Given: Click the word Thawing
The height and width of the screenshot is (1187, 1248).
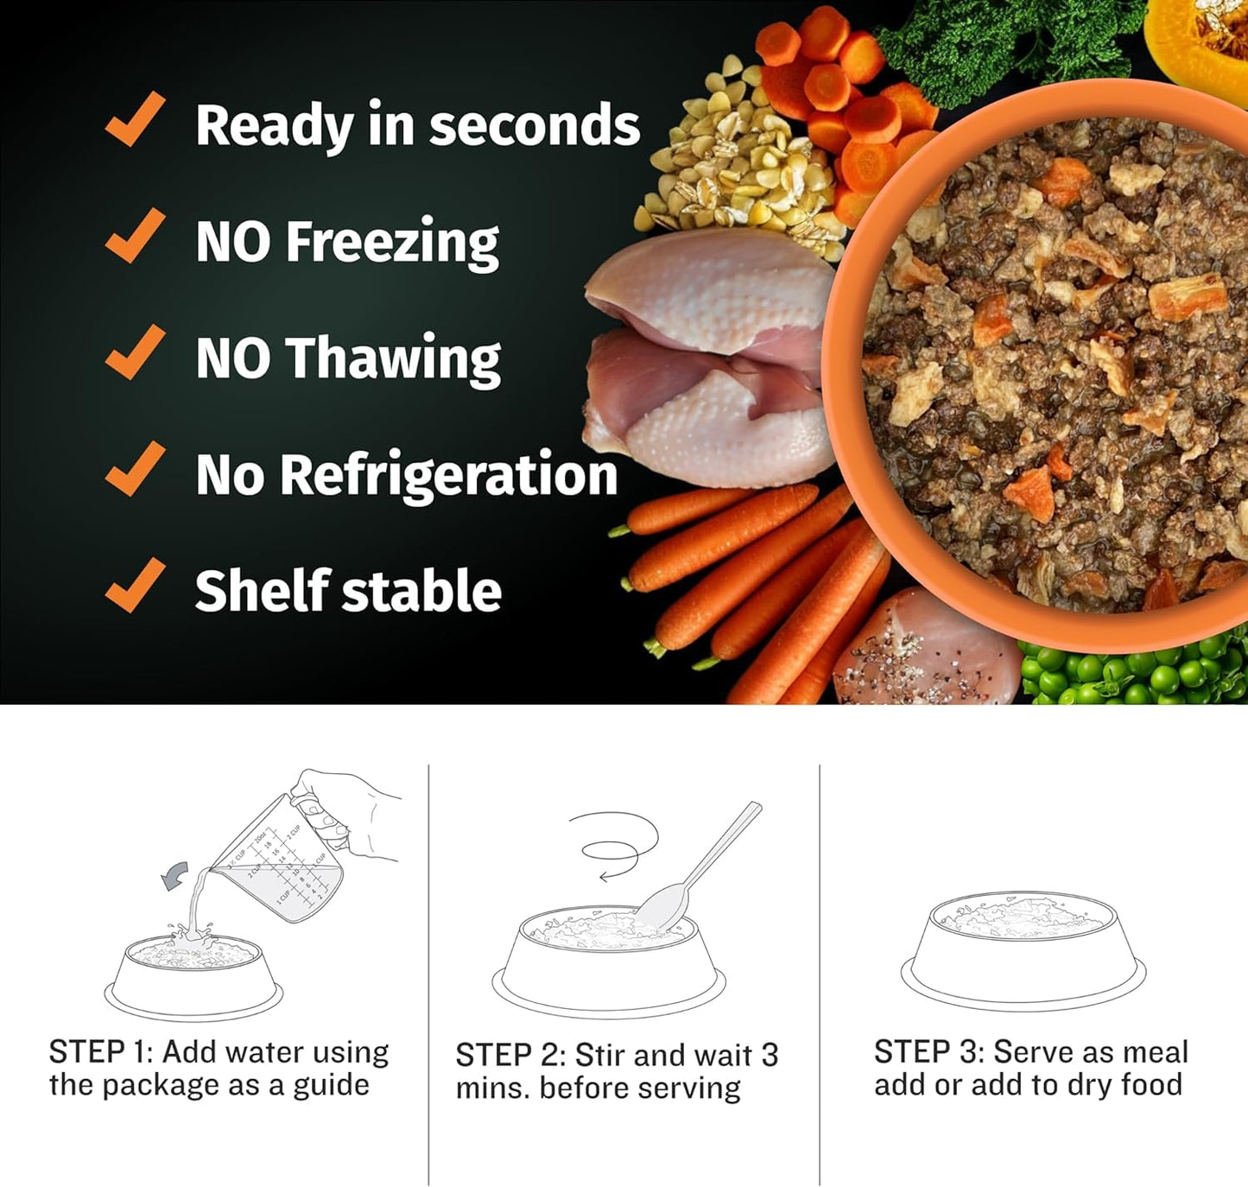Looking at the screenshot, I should point(393,358).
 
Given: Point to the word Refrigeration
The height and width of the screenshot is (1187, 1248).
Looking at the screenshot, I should point(449,474).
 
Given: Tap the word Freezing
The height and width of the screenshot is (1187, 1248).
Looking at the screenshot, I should point(392,242).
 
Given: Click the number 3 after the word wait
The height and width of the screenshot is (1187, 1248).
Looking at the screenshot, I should point(769,1055).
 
